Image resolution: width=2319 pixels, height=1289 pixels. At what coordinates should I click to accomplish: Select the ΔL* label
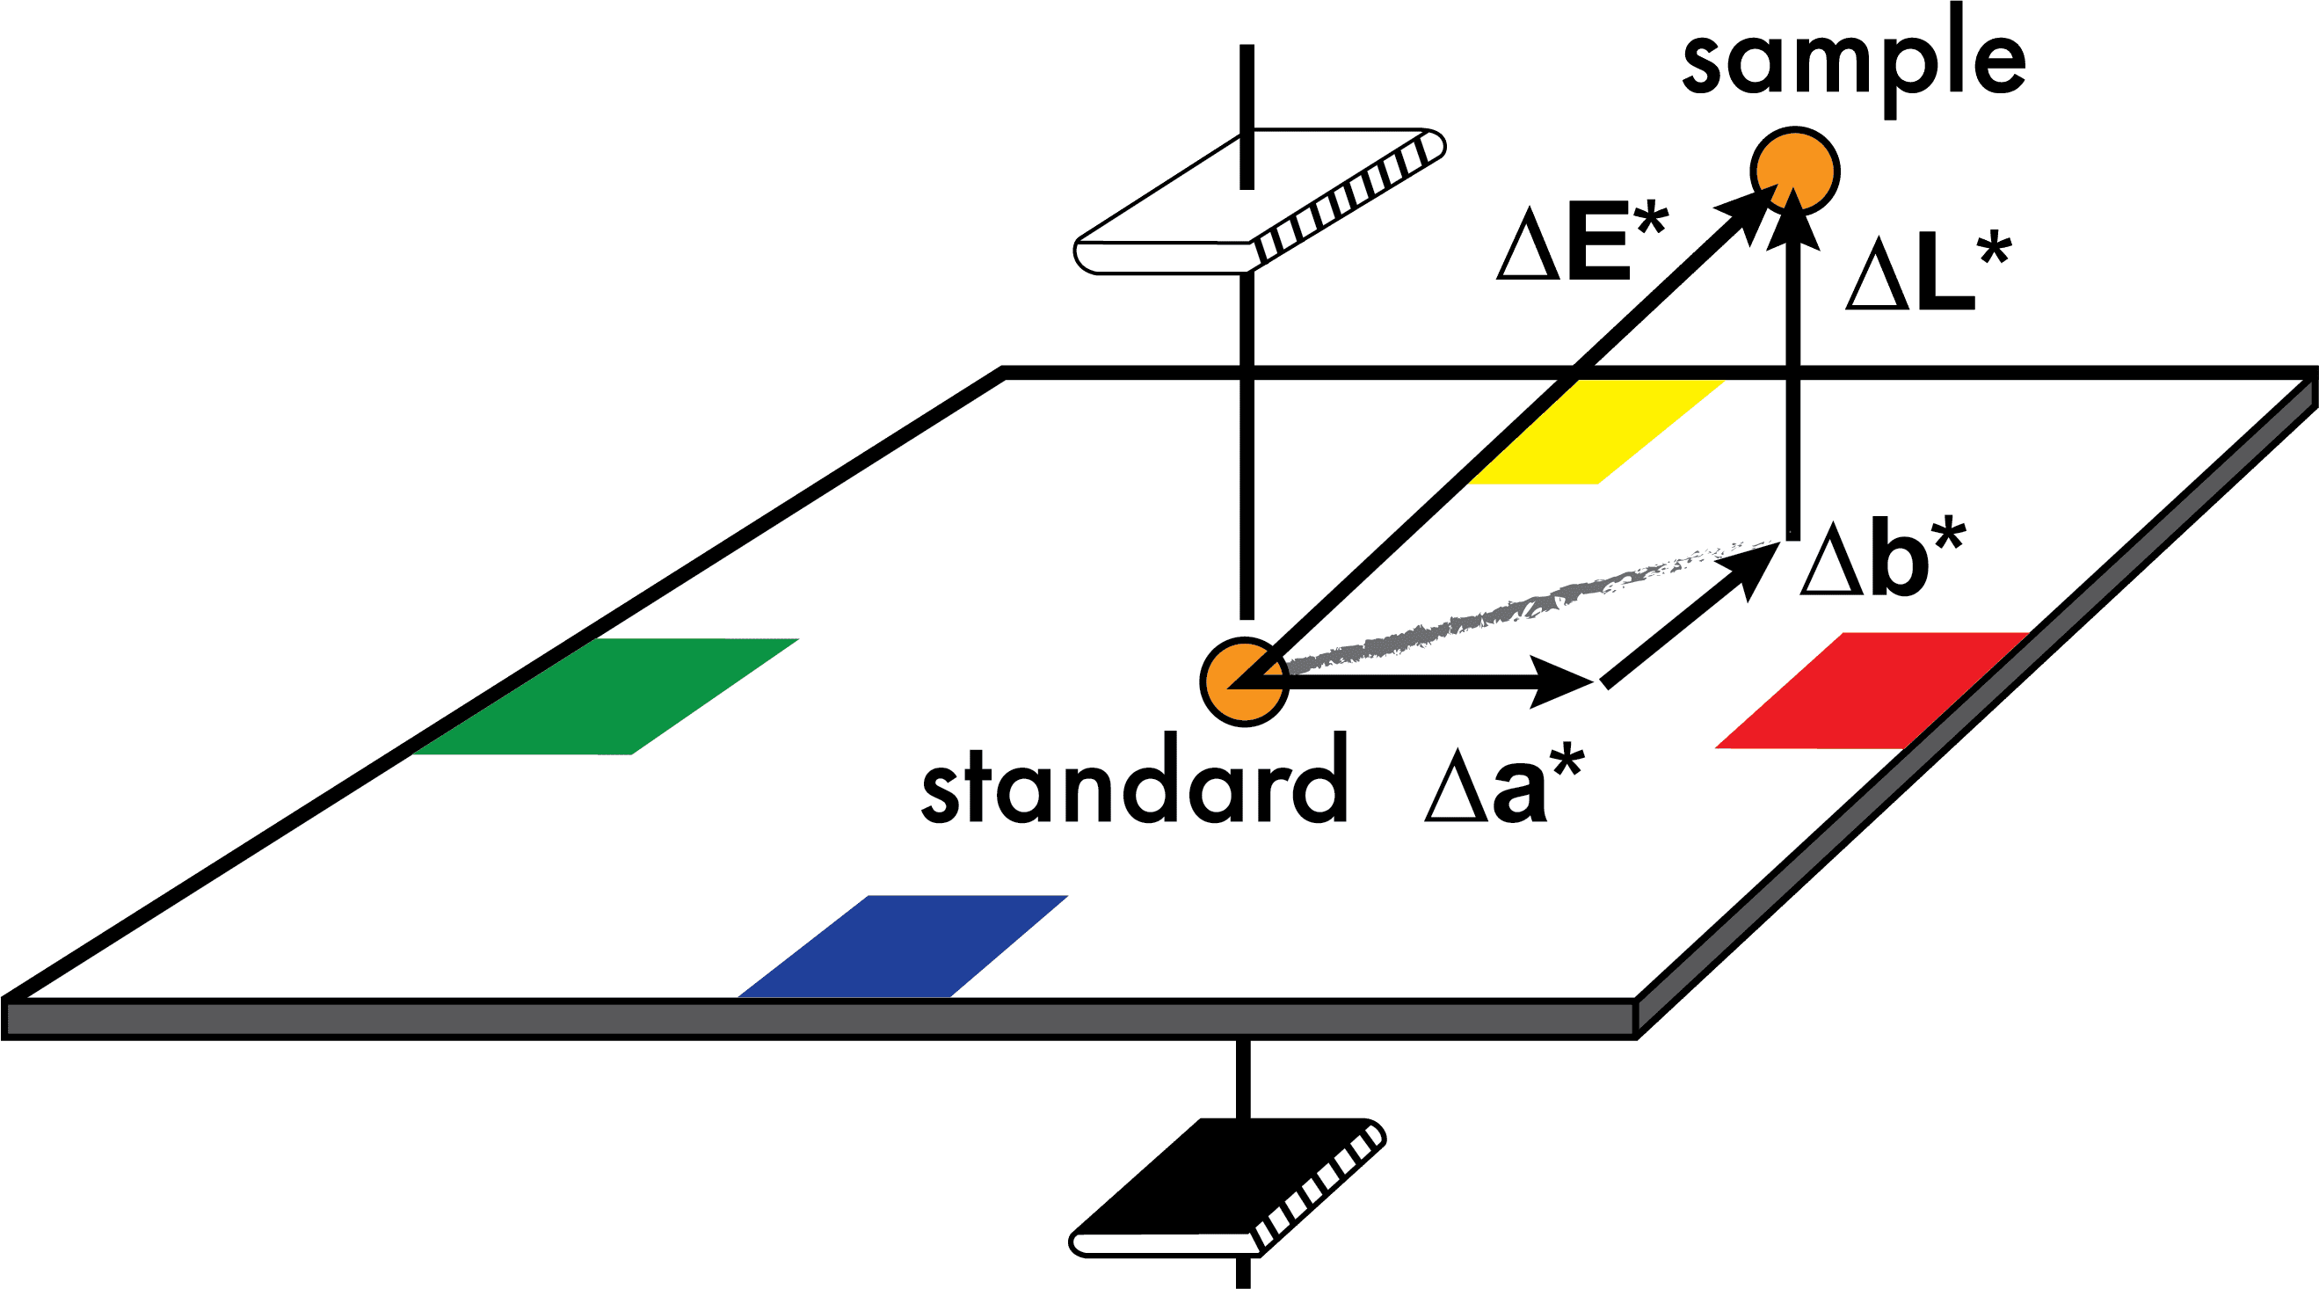(x=1928, y=273)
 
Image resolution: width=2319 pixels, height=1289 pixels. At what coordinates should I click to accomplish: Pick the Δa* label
(x=1503, y=787)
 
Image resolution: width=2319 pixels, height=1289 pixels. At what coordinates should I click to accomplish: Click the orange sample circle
(x=1795, y=169)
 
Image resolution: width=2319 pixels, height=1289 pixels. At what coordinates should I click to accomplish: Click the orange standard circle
(x=1245, y=682)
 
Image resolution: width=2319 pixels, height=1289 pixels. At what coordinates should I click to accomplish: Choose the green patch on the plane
(x=607, y=695)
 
